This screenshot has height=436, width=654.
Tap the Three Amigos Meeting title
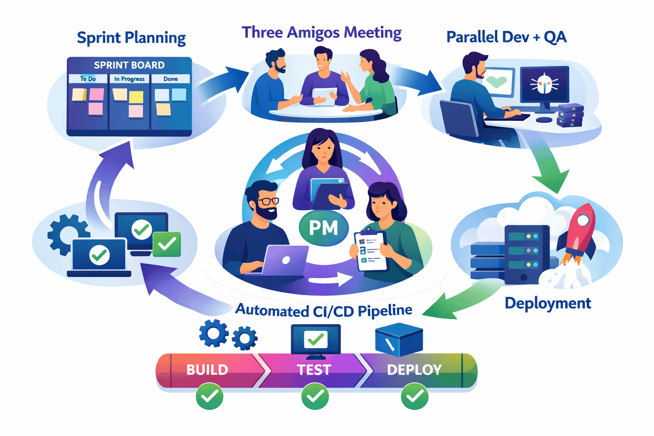322,32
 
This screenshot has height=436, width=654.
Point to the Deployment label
548,303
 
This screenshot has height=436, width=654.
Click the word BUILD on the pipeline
207,370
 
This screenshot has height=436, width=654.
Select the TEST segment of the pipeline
314,370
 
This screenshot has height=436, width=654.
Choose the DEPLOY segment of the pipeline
414,370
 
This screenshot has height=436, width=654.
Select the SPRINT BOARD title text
131,65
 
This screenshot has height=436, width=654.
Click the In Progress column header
129,79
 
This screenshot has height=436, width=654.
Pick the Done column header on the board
170,79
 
